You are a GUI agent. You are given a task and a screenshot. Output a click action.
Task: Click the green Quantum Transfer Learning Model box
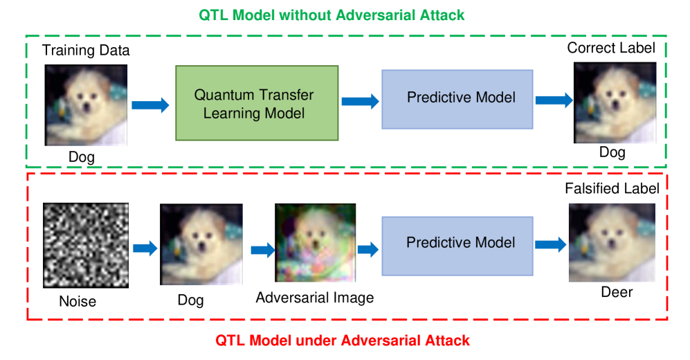(257, 103)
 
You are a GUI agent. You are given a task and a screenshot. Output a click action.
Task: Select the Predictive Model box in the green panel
(457, 100)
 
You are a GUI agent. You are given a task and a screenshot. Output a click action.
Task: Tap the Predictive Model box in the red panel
(457, 246)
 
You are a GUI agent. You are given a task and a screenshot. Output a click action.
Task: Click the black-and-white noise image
(86, 245)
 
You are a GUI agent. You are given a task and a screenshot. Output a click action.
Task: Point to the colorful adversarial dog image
(315, 242)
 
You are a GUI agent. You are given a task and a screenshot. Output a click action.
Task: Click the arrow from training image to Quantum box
(150, 105)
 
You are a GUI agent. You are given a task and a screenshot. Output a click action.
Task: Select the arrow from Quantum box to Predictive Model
(361, 101)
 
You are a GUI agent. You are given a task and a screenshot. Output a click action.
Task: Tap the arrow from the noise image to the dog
(145, 249)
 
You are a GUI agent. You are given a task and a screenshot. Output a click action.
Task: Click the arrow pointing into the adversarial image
(263, 250)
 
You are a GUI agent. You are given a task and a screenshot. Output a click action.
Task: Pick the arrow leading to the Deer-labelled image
(550, 244)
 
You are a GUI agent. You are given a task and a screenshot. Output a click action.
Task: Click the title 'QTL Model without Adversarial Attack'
(332, 15)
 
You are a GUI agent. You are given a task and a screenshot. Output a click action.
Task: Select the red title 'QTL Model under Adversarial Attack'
(343, 340)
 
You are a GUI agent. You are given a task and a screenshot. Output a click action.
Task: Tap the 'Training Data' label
(86, 50)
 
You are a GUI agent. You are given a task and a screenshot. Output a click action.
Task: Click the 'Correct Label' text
(611, 48)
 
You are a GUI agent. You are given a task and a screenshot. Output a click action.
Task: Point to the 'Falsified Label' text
(612, 188)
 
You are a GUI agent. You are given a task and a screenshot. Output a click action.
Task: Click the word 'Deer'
(617, 291)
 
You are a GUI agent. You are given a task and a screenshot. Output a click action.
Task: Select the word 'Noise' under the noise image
(78, 301)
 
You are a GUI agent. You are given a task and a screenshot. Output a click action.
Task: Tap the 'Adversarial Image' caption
(315, 298)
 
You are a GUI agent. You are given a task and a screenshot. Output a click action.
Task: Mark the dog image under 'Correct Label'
(615, 102)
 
